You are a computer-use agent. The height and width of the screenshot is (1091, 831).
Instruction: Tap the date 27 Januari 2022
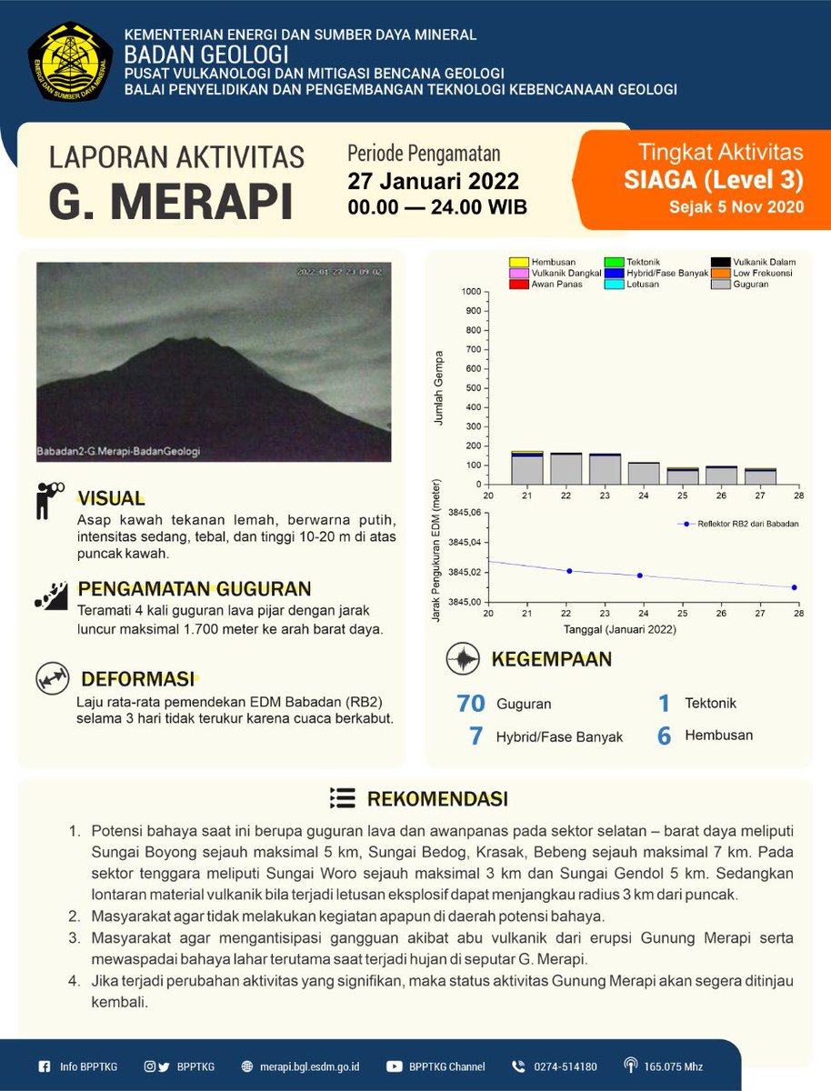(x=433, y=181)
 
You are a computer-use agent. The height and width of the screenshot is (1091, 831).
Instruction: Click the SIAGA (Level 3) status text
(x=713, y=180)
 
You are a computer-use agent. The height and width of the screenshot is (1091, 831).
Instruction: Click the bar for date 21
(x=526, y=467)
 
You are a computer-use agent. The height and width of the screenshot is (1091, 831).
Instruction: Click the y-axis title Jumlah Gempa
(x=439, y=388)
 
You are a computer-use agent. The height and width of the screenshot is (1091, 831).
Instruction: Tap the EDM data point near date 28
(x=794, y=587)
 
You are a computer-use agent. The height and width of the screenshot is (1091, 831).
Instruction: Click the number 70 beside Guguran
(x=472, y=703)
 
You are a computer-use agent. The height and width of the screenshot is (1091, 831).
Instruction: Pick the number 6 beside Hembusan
(x=664, y=736)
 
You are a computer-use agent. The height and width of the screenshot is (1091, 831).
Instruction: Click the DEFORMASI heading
(x=137, y=679)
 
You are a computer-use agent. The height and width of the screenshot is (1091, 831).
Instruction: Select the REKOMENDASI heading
(x=436, y=799)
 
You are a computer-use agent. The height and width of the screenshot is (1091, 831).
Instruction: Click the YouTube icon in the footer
(x=395, y=1066)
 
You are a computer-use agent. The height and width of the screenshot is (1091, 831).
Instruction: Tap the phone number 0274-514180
(x=565, y=1066)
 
